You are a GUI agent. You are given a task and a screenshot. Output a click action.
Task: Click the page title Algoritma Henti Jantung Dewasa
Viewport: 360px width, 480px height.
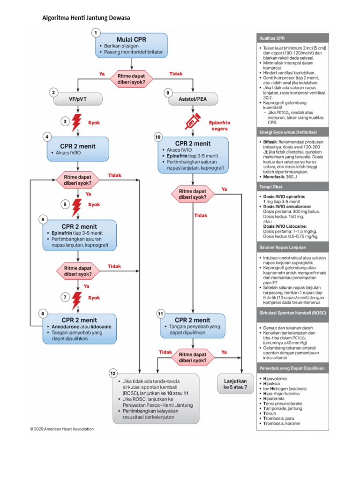pos(86,18)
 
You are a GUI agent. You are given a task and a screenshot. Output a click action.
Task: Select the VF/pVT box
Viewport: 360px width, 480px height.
pos(77,100)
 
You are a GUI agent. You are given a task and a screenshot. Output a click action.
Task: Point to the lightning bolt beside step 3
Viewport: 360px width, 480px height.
pos(76,123)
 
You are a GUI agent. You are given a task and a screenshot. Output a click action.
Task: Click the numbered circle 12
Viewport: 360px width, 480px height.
pos(113,373)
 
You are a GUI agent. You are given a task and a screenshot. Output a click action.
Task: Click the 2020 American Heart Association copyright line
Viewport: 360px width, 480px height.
pos(62,428)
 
